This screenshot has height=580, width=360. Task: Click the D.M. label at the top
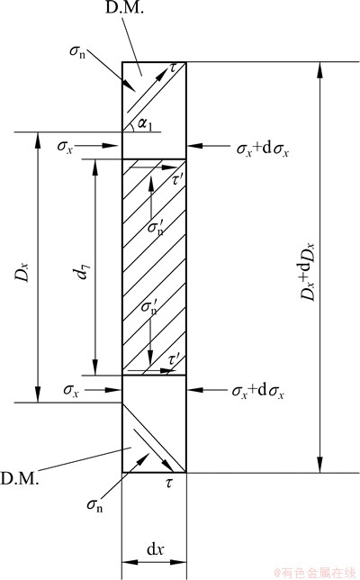124,8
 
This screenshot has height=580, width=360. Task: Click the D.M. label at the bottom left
19,478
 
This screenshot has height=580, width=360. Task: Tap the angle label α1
145,123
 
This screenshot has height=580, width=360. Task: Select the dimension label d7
82,271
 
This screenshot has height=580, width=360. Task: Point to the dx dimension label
155,549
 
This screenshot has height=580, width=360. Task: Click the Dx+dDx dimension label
308,271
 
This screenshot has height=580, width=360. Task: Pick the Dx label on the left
22,272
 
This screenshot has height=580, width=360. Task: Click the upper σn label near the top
77,50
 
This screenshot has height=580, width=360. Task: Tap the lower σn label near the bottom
95,504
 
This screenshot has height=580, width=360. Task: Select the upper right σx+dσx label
263,150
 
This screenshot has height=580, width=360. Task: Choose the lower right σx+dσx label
258,392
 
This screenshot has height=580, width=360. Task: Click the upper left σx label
65,146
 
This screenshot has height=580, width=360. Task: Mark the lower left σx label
71,390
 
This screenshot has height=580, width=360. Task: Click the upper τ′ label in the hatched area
178,180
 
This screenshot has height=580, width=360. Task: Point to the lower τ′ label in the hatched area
174,360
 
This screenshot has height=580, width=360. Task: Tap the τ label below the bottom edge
169,483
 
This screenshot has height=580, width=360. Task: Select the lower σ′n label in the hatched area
149,307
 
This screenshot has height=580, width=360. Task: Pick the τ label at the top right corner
174,68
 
